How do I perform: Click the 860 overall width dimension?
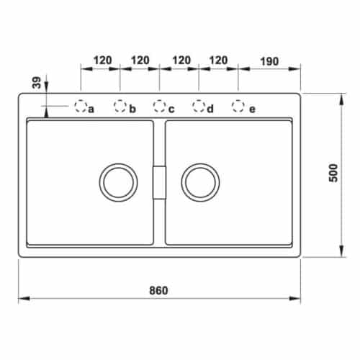tap(158, 290)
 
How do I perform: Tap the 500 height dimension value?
tap(333, 176)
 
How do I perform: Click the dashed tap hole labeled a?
tap(80, 107)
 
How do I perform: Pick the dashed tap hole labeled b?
tap(120, 107)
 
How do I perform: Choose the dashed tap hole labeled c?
tap(159, 107)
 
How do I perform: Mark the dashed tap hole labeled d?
tap(198, 107)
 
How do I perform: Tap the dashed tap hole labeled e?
tap(238, 107)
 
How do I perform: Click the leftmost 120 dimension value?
tap(101, 60)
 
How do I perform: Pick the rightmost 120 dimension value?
tap(218, 60)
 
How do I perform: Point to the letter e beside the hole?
tap(251, 109)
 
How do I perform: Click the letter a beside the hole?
tap(91, 109)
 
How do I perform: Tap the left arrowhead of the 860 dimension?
tap(22, 298)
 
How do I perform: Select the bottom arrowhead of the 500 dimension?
tap(340, 254)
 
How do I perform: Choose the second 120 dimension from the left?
tap(140, 60)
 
